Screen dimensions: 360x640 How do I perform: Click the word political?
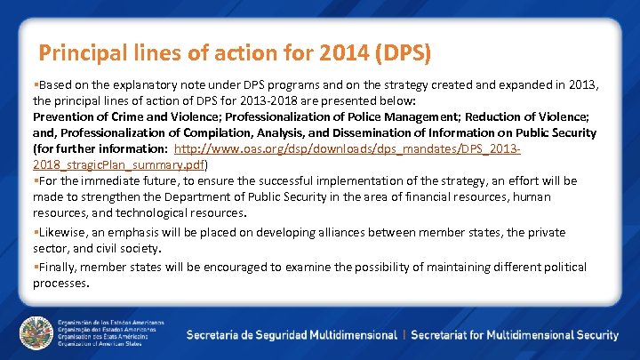click(x=557, y=267)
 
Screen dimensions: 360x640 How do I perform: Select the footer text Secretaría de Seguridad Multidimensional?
click(x=292, y=335)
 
